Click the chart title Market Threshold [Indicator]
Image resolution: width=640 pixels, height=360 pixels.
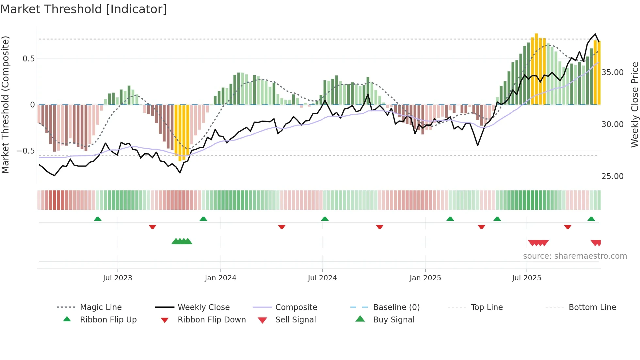click(84, 9)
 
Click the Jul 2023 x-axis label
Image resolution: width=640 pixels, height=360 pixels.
click(118, 278)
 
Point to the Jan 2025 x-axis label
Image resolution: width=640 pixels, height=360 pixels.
click(425, 278)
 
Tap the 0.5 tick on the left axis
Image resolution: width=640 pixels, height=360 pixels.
click(28, 59)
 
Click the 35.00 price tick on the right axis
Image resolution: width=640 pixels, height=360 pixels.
click(612, 73)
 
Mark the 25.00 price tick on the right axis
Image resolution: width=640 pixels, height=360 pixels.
click(612, 176)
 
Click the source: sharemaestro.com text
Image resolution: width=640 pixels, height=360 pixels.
click(575, 256)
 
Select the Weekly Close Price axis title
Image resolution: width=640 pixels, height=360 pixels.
click(634, 105)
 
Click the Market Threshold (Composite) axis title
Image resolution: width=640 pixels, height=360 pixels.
click(5, 105)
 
